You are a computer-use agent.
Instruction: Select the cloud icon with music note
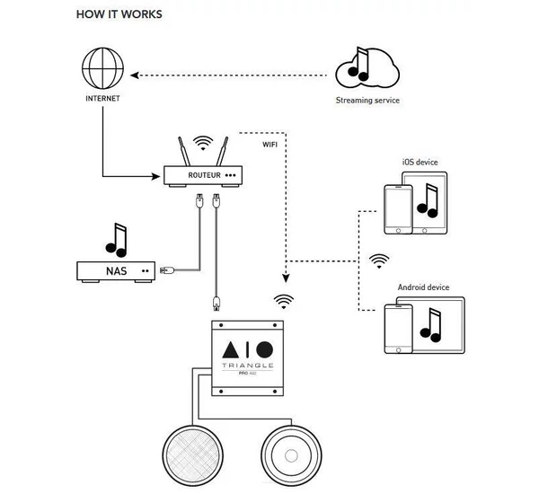pyautogui.click(x=366, y=67)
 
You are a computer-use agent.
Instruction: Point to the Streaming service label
pyautogui.click(x=367, y=101)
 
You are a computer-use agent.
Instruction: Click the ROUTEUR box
pyautogui.click(x=202, y=175)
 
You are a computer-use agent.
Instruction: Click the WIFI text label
pyautogui.click(x=270, y=144)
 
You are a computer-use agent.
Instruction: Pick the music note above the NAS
pyautogui.click(x=116, y=239)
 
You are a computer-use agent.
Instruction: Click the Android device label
pyautogui.click(x=423, y=287)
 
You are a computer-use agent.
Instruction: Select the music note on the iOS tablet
pyautogui.click(x=429, y=204)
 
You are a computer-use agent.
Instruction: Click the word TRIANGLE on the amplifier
pyautogui.click(x=247, y=367)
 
